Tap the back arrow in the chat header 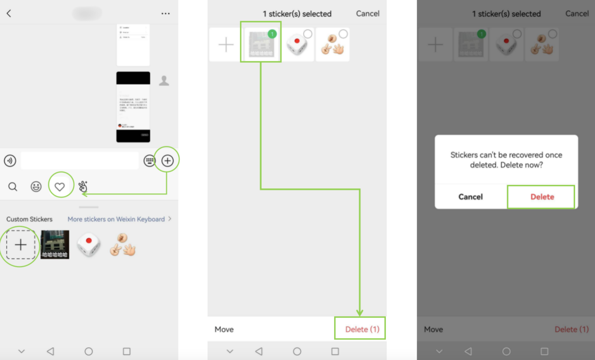coord(9,14)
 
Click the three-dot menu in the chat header coord(165,14)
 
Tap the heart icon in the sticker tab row coord(60,187)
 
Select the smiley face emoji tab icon coord(36,187)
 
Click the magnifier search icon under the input coord(13,187)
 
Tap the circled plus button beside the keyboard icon coord(167,160)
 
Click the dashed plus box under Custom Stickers coord(21,245)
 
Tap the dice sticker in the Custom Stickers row coord(89,245)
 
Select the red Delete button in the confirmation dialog coord(542,197)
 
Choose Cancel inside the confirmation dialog coord(470,197)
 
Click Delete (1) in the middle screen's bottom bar coord(362,329)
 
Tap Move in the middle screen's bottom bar coord(224,329)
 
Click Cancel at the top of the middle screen coord(367,14)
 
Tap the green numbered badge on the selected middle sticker coord(272,34)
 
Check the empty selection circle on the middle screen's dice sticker coord(308,34)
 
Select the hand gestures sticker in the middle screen coord(332,45)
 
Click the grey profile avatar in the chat coord(164,81)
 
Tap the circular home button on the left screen coord(89,351)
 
